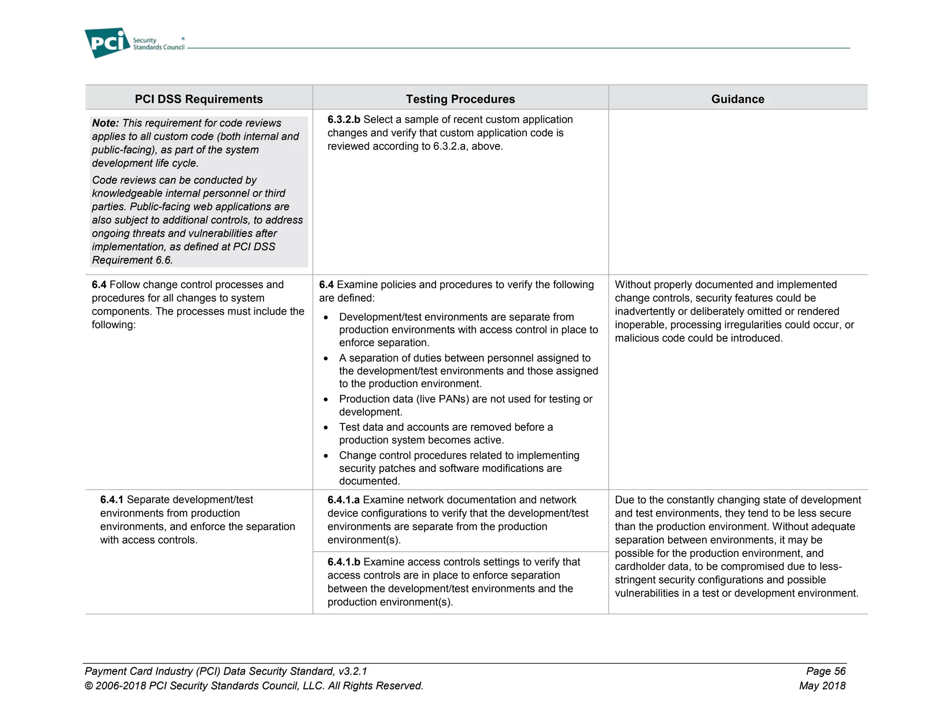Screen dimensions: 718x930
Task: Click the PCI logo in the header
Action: pyautogui.click(x=107, y=43)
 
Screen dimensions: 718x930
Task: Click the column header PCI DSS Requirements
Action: pyautogui.click(x=198, y=99)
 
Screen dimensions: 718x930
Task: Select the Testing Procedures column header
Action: pyautogui.click(x=460, y=99)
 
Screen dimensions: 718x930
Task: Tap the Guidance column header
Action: pyautogui.click(x=737, y=99)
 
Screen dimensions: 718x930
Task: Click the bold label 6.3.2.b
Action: pyautogui.click(x=344, y=119)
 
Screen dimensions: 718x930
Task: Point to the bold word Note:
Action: pyautogui.click(x=105, y=123)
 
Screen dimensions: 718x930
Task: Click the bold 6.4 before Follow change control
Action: pyautogui.click(x=99, y=285)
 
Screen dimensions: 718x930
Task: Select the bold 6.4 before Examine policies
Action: pyautogui.click(x=326, y=285)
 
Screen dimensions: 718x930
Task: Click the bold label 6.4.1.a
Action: pyautogui.click(x=343, y=500)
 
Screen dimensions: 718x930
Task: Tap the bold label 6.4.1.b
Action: pyautogui.click(x=344, y=562)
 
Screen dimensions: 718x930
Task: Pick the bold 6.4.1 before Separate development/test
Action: pyautogui.click(x=112, y=500)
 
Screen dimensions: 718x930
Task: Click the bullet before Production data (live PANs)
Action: pyautogui.click(x=326, y=400)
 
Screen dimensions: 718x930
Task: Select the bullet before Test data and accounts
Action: pyautogui.click(x=326, y=428)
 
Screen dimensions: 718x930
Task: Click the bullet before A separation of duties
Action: pyautogui.click(x=326, y=359)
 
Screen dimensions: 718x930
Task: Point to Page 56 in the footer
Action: pyautogui.click(x=826, y=671)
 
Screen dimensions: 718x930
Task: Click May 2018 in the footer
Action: pyautogui.click(x=822, y=686)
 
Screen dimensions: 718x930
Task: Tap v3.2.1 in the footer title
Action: pyautogui.click(x=352, y=671)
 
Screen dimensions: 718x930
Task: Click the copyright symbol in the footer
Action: pyautogui.click(x=89, y=686)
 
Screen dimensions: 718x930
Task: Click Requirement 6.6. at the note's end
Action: pyautogui.click(x=132, y=260)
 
